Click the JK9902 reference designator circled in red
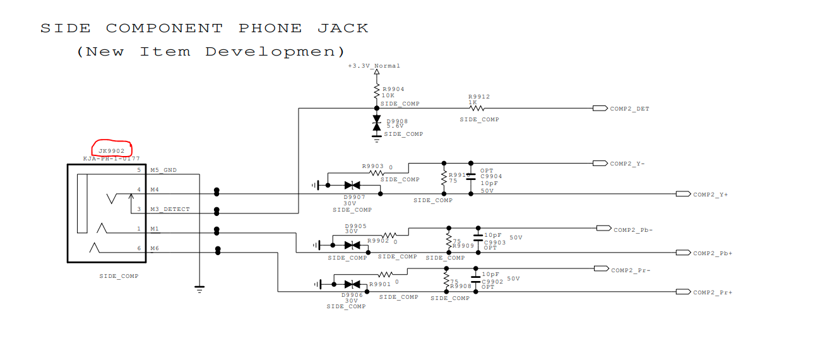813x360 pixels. pos(112,150)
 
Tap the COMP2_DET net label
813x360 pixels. pos(629,109)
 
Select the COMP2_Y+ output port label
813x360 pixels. pos(711,195)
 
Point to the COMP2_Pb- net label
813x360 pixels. pos(633,230)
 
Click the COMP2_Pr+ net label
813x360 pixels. pos(713,292)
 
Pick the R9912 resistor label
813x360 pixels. pos(478,97)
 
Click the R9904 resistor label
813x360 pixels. pos(393,89)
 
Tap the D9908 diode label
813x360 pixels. pos(397,121)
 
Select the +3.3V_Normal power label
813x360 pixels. pos(374,66)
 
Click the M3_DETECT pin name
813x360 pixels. pos(170,209)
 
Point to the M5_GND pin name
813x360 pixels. pos(163,171)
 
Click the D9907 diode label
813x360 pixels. pos(355,197)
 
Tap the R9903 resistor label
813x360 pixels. pos(372,167)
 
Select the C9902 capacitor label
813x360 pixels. pos(492,282)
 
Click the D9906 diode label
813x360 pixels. pos(352,295)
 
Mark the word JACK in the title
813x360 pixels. pos(343,28)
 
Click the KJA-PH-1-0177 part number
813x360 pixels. pos(111,159)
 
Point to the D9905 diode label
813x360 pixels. pos(355,225)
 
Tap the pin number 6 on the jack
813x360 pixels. pos(139,249)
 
